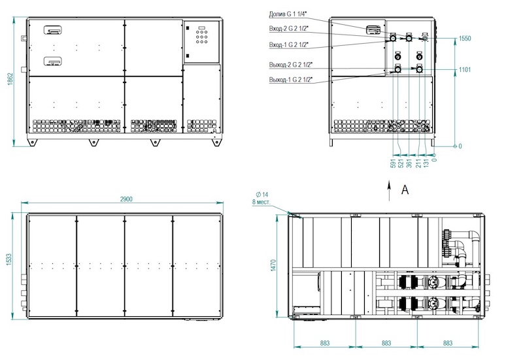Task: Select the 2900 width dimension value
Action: coord(126,199)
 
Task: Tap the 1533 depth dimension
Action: coord(9,260)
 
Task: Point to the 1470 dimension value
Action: coord(273,265)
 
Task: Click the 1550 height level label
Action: coord(465,39)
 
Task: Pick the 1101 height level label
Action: coord(465,70)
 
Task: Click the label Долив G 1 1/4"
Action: coord(288,14)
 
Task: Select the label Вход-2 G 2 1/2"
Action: coord(289,29)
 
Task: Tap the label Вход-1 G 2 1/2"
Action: coord(289,44)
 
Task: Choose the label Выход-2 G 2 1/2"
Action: coord(291,65)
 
